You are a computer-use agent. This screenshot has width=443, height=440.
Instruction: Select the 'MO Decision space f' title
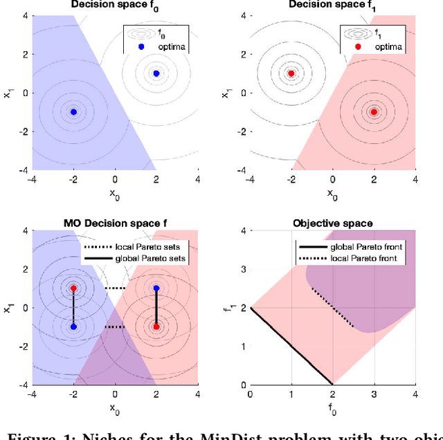tap(114, 223)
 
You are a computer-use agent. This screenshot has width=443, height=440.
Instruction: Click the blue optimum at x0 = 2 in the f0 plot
tap(156, 73)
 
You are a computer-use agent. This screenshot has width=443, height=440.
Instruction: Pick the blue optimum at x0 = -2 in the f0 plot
tap(73, 111)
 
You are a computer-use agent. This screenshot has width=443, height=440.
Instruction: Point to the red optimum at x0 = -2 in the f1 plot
tap(291, 73)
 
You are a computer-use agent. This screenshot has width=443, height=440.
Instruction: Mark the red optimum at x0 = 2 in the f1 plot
tap(374, 111)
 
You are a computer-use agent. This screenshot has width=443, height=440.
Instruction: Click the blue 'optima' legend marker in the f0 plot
tap(141, 48)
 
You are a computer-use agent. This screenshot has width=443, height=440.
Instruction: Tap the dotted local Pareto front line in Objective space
tap(332, 307)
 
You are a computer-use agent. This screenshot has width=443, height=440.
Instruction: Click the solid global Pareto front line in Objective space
tap(291, 346)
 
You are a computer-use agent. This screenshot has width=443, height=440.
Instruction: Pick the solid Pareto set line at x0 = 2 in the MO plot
tap(156, 307)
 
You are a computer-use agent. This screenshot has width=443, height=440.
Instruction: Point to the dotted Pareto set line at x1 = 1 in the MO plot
tap(114, 288)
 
